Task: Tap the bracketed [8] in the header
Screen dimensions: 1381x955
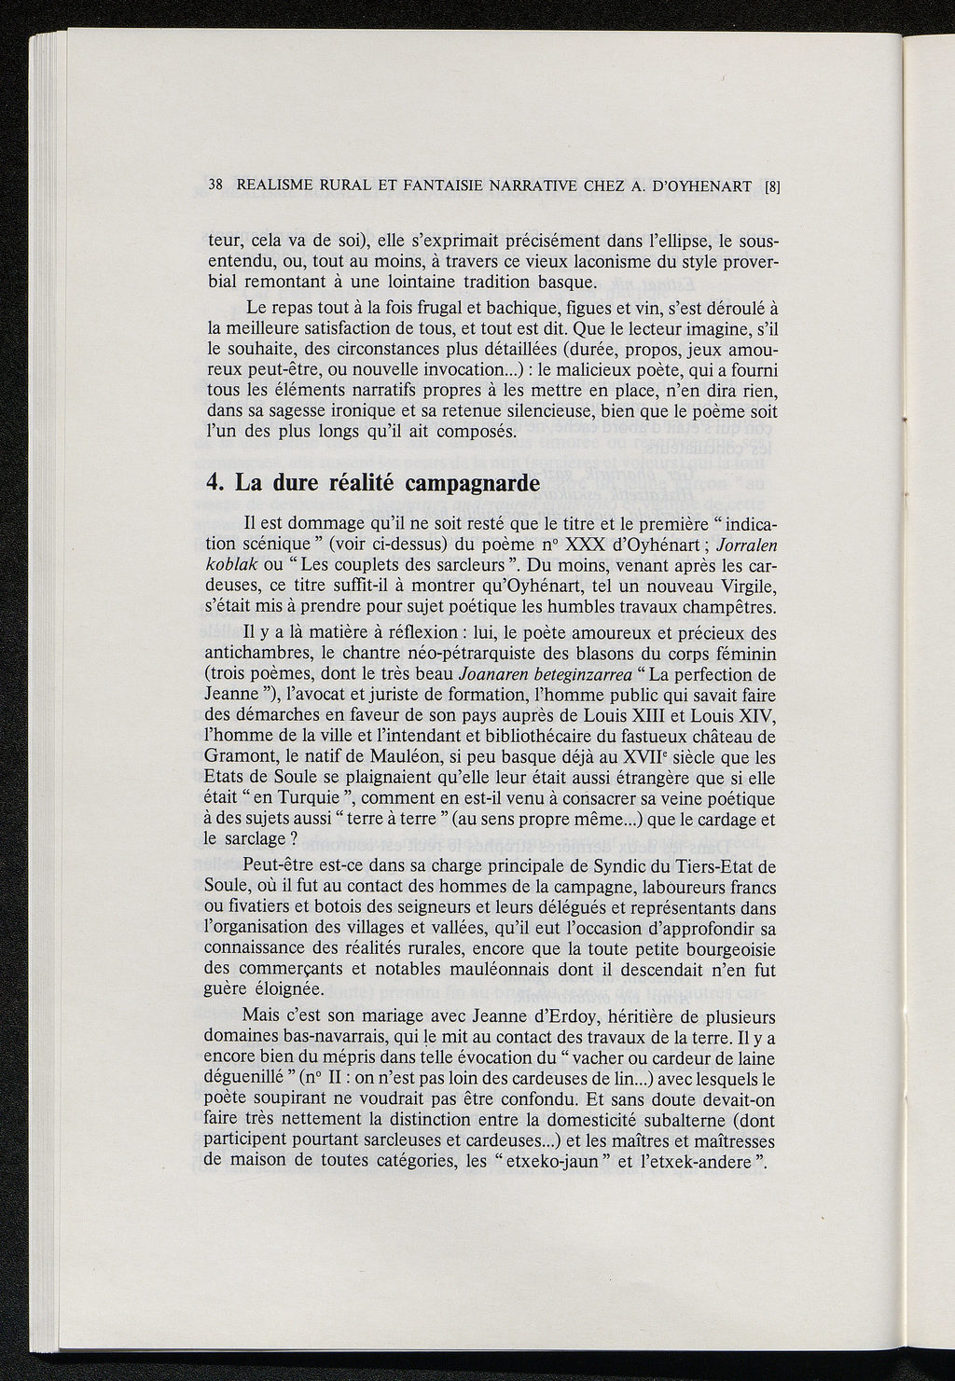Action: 771,186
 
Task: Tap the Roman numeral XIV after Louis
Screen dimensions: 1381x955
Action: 757,716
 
